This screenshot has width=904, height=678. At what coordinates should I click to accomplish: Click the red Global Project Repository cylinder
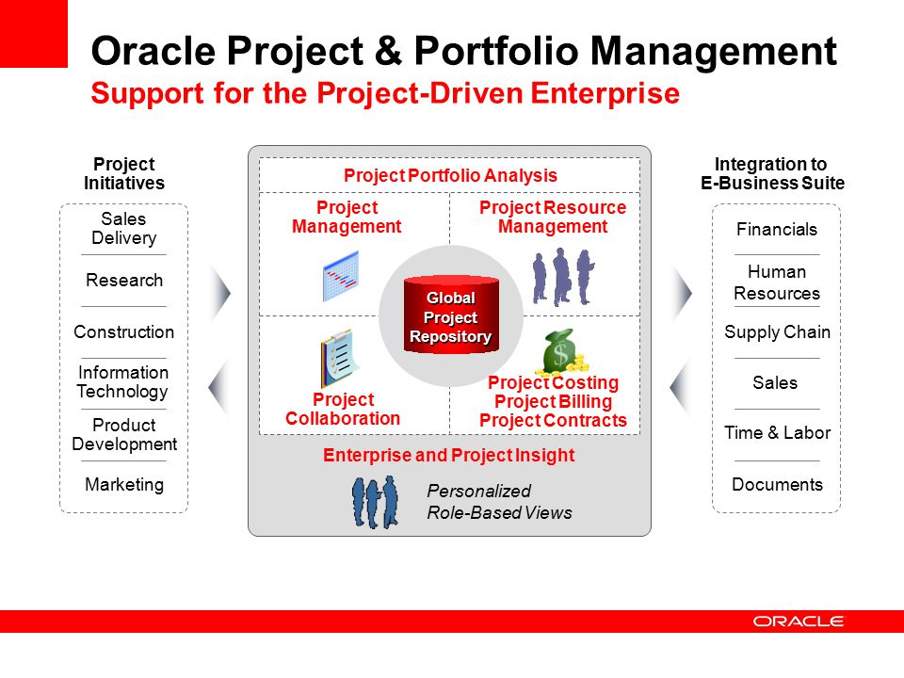(x=451, y=315)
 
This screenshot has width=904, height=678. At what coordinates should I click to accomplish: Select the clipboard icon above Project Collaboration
(x=339, y=358)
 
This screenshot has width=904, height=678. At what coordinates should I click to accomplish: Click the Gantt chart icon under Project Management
(x=341, y=276)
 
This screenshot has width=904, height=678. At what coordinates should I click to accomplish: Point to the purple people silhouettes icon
(x=563, y=277)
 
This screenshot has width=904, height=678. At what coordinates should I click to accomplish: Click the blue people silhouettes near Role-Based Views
(x=375, y=502)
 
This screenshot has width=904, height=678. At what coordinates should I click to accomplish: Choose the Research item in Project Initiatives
(x=124, y=281)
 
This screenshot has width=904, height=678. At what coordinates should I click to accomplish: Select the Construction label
(x=124, y=332)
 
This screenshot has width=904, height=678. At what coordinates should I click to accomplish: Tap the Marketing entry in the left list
(x=124, y=485)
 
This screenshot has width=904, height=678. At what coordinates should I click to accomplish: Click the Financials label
(x=777, y=230)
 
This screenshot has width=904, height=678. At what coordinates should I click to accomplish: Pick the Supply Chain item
(x=777, y=332)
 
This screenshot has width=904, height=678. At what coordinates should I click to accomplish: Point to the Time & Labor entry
(x=777, y=433)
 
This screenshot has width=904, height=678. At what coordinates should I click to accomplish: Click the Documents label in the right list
(x=777, y=484)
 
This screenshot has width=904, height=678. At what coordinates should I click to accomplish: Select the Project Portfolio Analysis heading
(x=450, y=175)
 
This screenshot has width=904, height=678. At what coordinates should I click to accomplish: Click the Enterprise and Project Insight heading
(x=448, y=456)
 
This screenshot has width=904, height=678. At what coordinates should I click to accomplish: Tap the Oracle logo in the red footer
(x=798, y=621)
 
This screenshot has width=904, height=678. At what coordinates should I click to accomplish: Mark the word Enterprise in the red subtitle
(x=605, y=93)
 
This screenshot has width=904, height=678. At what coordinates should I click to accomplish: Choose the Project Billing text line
(x=553, y=402)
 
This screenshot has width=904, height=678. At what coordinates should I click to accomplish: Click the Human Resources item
(x=777, y=282)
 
